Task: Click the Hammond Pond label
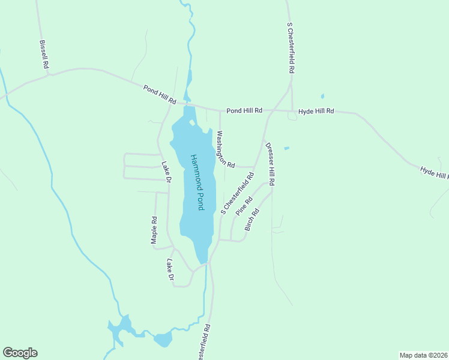[198, 182]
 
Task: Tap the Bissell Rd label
[43, 55]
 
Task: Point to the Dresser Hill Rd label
[270, 164]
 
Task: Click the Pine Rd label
[244, 205]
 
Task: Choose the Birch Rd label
[252, 220]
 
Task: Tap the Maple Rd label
[154, 230]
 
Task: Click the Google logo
[20, 353]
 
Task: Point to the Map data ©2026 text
[423, 355]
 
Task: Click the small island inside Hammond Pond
[191, 123]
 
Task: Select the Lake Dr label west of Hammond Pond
[166, 172]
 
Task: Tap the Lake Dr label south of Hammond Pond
[170, 270]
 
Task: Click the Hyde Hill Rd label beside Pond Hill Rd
[316, 111]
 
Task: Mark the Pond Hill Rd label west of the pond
[159, 94]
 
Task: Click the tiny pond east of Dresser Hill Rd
[286, 148]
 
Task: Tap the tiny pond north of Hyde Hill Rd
[322, 96]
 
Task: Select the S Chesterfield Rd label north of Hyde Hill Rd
[291, 48]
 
